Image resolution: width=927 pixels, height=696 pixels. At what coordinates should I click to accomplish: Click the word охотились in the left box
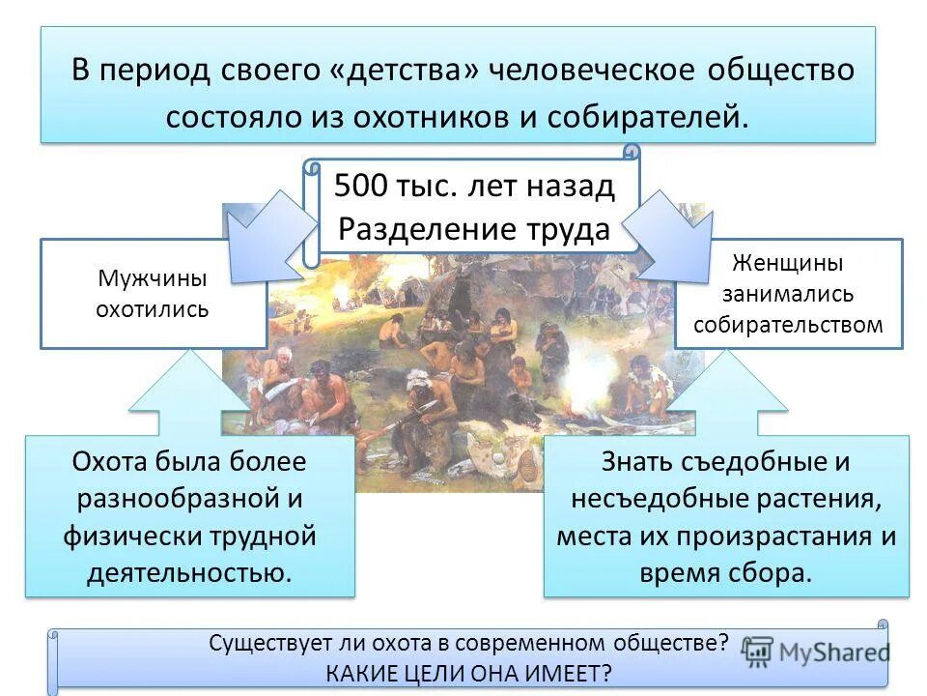pyautogui.click(x=153, y=311)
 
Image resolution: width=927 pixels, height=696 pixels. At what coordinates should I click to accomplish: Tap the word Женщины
pyautogui.click(x=788, y=263)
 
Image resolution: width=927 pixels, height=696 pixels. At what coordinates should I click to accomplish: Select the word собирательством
pyautogui.click(x=788, y=324)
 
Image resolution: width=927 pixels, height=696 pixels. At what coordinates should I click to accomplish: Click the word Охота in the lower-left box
pyautogui.click(x=114, y=461)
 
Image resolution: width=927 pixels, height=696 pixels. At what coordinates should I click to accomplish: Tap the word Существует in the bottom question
pyautogui.click(x=265, y=642)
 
